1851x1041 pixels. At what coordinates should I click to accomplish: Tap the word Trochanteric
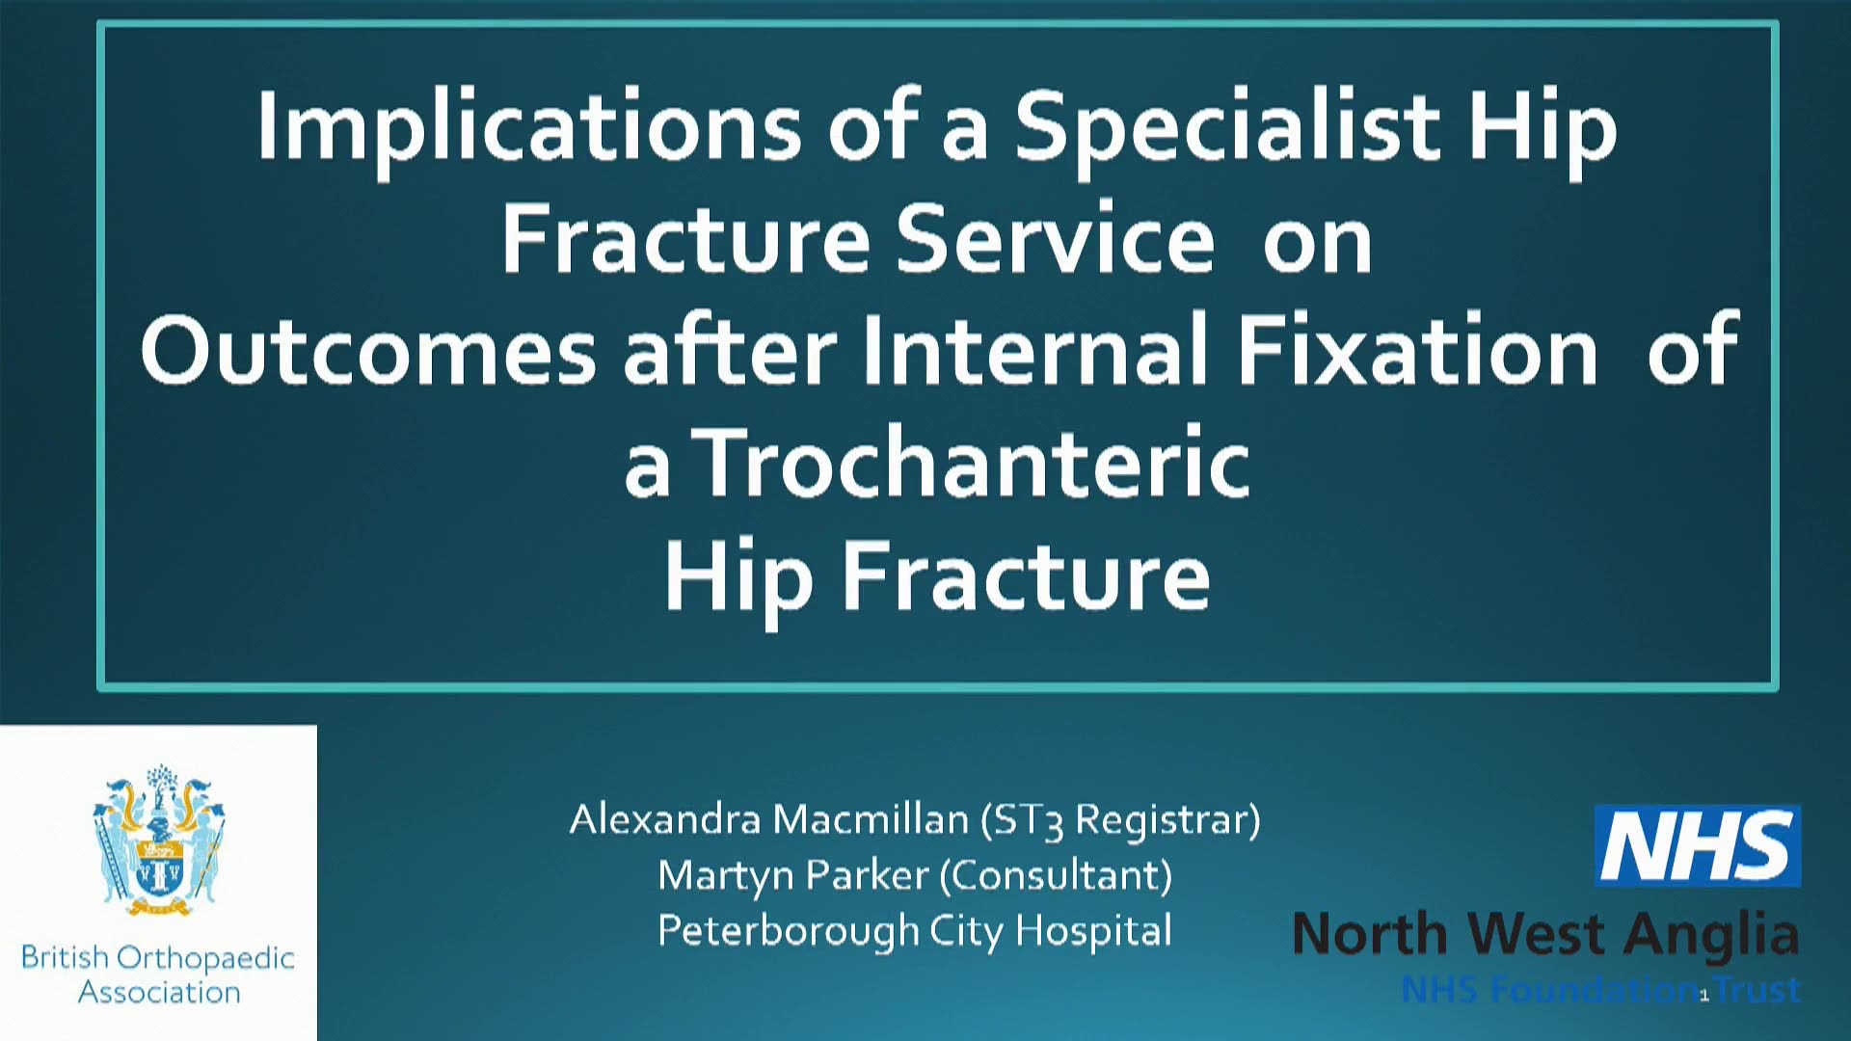point(973,463)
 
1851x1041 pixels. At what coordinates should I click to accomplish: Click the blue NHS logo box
point(1698,845)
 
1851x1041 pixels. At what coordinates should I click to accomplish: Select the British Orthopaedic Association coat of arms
point(159,840)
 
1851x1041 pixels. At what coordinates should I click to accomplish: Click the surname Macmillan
point(871,819)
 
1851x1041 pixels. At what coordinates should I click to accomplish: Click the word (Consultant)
point(1056,876)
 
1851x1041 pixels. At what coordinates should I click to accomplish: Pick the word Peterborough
point(788,932)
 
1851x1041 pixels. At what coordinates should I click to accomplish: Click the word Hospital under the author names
point(1093,932)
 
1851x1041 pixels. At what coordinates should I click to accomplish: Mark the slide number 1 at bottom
point(1703,996)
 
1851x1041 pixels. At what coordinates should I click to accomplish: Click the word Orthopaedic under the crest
point(205,958)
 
